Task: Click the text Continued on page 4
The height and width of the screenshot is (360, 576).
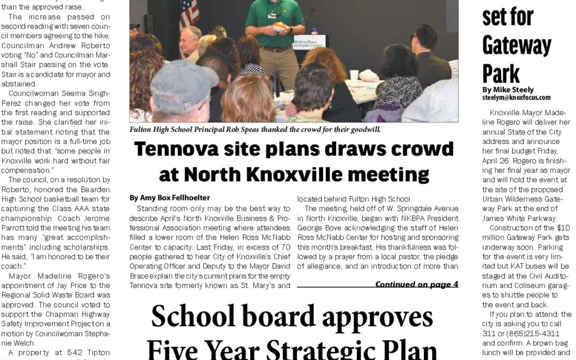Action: [x=417, y=284]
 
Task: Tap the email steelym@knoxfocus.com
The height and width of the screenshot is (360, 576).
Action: [x=516, y=98]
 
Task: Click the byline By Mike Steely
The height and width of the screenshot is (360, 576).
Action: [x=507, y=90]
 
